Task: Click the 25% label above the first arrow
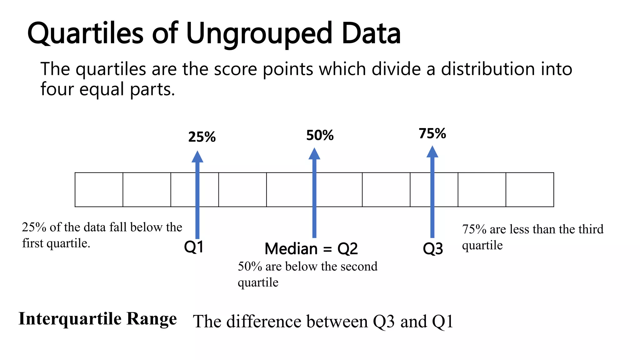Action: pos(202,137)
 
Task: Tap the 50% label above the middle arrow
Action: pos(320,135)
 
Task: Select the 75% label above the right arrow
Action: pos(432,133)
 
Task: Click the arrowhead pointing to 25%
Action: pos(197,157)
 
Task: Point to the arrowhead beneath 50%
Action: pos(314,154)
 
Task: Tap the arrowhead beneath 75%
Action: pos(432,152)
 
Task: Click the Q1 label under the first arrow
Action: pos(194,247)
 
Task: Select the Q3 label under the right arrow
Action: pos(433,249)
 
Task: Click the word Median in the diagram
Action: pos(291,249)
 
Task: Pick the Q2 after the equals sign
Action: pos(347,249)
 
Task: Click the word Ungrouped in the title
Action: pos(259,34)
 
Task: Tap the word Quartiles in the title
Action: pos(85,34)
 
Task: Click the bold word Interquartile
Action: pos(70,319)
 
